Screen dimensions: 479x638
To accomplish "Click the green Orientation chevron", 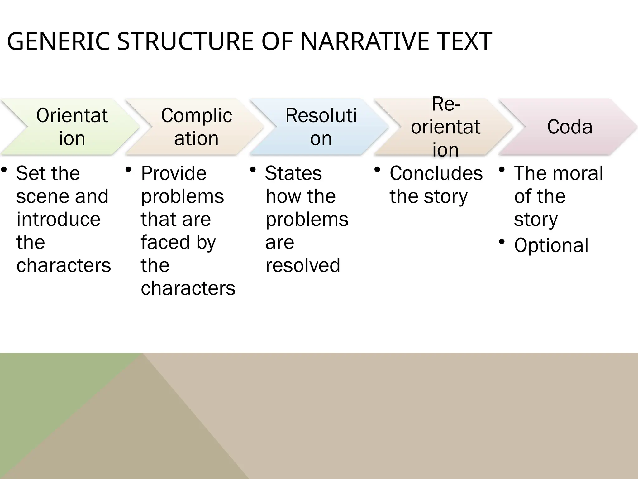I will [x=72, y=127].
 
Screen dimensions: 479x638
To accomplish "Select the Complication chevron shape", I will [x=196, y=127].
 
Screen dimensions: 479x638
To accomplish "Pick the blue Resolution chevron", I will [x=321, y=127].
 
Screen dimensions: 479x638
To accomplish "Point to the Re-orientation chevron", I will [x=445, y=127].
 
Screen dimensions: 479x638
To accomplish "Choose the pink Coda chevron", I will [x=570, y=127].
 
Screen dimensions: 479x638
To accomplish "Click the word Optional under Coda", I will [x=551, y=245].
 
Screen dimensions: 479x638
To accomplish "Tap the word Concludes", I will [x=436, y=173].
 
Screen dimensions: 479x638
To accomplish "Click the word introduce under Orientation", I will [x=58, y=219].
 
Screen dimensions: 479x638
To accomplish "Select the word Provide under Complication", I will [x=174, y=173].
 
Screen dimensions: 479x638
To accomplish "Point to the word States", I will [x=293, y=173].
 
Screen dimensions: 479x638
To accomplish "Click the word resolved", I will [x=302, y=265].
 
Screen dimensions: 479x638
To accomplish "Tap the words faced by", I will [x=178, y=242].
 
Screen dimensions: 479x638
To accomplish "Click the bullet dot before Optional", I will [x=502, y=242].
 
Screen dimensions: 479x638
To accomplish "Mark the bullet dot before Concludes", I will [x=377, y=170].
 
